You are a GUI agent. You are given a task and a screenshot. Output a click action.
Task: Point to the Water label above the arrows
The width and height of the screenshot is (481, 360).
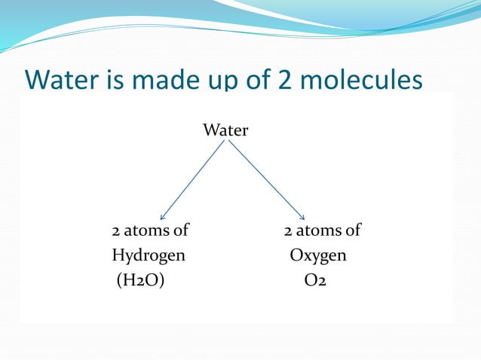(225, 130)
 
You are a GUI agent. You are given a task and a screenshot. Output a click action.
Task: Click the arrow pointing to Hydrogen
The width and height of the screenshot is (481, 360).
(192, 181)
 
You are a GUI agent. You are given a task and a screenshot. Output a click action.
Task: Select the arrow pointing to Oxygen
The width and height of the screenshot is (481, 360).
(265, 181)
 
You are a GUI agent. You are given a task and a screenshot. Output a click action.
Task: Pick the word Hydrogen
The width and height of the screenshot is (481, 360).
(149, 256)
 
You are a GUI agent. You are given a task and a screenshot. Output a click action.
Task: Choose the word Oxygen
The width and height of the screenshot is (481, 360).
(319, 256)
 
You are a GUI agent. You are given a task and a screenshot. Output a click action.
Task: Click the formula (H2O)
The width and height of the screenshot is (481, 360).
(140, 282)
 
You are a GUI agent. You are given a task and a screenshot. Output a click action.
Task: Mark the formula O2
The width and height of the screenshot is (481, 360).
(316, 282)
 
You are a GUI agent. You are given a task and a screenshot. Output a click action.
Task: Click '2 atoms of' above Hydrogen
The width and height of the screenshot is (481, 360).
(150, 230)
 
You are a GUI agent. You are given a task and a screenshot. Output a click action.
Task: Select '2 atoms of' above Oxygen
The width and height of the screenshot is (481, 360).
(322, 230)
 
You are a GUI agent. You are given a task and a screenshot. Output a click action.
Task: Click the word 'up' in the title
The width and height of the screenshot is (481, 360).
(206, 81)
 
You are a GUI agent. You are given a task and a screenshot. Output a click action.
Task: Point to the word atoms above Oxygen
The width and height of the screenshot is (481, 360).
(320, 230)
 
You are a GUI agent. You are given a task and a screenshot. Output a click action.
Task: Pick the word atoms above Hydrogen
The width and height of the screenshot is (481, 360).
(148, 230)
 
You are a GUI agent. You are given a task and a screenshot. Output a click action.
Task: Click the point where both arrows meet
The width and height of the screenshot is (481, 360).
(226, 141)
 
